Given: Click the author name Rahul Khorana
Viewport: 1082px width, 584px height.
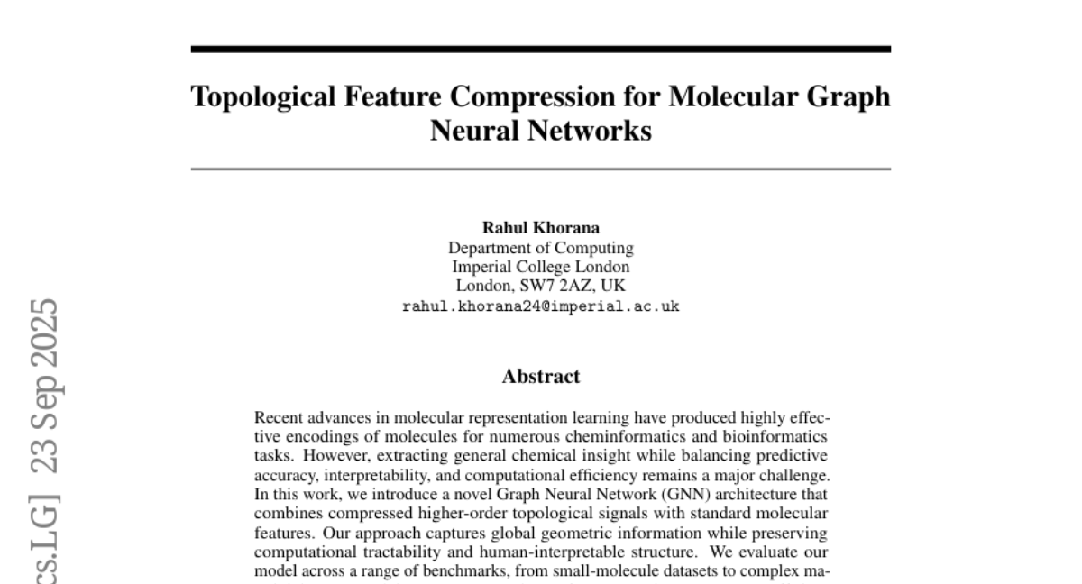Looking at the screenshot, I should (x=540, y=229).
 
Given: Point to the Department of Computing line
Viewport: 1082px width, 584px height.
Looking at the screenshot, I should (x=540, y=248).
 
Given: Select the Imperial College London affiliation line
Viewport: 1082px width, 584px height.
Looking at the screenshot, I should (x=540, y=267).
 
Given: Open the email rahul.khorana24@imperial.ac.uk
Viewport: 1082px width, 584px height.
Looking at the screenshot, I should (x=540, y=306).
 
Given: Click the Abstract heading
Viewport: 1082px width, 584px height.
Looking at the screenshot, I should (x=540, y=377).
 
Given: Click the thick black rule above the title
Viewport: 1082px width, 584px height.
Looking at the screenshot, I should (x=540, y=49).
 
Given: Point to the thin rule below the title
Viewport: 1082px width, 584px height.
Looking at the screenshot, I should (x=540, y=169).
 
